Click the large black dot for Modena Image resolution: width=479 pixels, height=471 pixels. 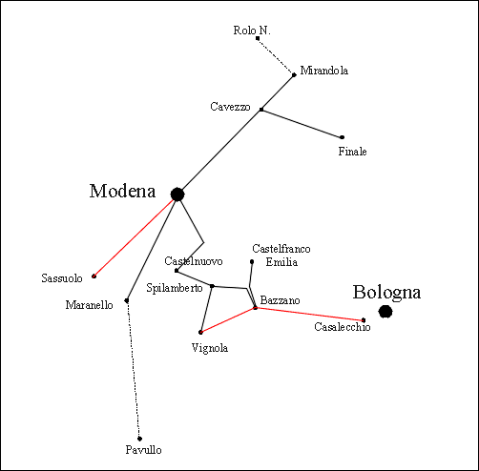tap(177, 195)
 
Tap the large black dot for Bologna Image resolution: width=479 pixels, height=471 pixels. tap(385, 312)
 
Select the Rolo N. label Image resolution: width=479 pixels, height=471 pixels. tap(252, 31)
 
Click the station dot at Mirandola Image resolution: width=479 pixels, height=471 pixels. tap(294, 75)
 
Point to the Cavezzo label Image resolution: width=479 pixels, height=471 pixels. tap(230, 107)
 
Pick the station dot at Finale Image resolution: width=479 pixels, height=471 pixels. tap(342, 137)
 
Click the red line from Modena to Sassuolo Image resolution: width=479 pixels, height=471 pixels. tap(134, 238)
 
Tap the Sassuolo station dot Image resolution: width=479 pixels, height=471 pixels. tap(94, 276)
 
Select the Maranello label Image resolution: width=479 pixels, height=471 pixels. tap(89, 305)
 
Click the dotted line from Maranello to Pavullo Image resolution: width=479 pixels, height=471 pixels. tap(134, 370)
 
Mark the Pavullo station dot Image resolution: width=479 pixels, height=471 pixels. tap(139, 439)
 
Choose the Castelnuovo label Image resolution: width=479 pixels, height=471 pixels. tap(194, 261)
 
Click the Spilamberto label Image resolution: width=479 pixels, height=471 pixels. tap(175, 288)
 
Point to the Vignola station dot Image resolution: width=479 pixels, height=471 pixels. tap(200, 333)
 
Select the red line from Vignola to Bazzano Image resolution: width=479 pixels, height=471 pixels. tap(228, 320)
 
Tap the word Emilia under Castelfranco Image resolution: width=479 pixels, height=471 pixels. tap(281, 262)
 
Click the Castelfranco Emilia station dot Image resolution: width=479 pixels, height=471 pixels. tap(252, 262)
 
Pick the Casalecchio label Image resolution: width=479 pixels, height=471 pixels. tap(343, 327)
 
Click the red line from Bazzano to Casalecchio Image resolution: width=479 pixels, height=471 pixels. tap(309, 314)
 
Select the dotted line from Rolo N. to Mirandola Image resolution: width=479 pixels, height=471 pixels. tap(276, 56)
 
